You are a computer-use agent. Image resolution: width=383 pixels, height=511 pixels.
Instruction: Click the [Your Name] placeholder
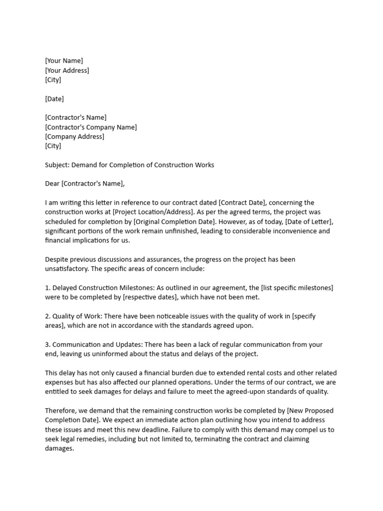click(x=64, y=61)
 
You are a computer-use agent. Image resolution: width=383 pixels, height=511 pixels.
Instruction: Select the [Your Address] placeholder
click(x=67, y=70)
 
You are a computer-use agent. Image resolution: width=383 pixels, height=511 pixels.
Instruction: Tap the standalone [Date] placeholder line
click(x=54, y=99)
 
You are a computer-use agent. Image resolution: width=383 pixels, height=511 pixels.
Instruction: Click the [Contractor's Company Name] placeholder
click(x=91, y=127)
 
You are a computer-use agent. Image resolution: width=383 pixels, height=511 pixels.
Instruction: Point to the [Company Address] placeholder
click(x=75, y=137)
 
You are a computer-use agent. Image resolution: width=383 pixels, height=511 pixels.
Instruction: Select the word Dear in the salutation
click(x=52, y=184)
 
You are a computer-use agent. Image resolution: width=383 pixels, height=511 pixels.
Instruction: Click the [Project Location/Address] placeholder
click(x=152, y=212)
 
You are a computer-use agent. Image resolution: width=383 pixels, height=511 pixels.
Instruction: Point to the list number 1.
click(x=47, y=288)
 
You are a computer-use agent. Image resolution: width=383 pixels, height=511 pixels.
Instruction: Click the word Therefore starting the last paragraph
click(x=61, y=411)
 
